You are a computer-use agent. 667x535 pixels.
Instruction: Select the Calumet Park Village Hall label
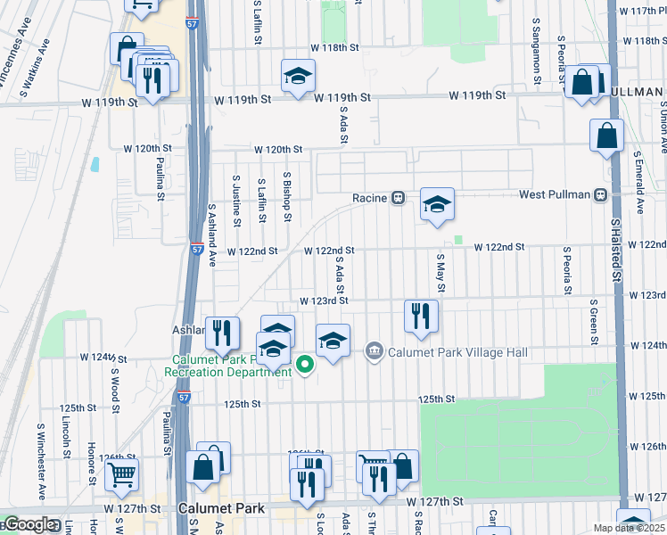pyautogui.click(x=457, y=352)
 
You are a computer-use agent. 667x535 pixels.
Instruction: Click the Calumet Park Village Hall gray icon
pyautogui.click(x=375, y=352)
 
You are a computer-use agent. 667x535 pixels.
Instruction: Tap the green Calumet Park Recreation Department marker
pyautogui.click(x=305, y=363)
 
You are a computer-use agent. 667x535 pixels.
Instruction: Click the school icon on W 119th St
pyautogui.click(x=298, y=77)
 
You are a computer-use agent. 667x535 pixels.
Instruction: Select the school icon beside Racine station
pyautogui.click(x=437, y=205)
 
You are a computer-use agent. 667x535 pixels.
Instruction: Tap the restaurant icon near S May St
pyautogui.click(x=420, y=316)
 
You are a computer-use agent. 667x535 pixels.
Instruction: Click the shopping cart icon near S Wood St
pyautogui.click(x=121, y=475)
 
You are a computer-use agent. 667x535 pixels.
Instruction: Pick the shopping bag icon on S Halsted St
pyautogui.click(x=606, y=136)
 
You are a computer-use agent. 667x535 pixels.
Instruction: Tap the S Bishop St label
pyautogui.click(x=287, y=196)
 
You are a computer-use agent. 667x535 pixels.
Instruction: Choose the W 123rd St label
pyautogui.click(x=322, y=301)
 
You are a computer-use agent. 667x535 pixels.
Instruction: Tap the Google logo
pyautogui.click(x=28, y=524)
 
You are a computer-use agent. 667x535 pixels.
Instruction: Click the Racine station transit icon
pyautogui.click(x=399, y=197)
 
